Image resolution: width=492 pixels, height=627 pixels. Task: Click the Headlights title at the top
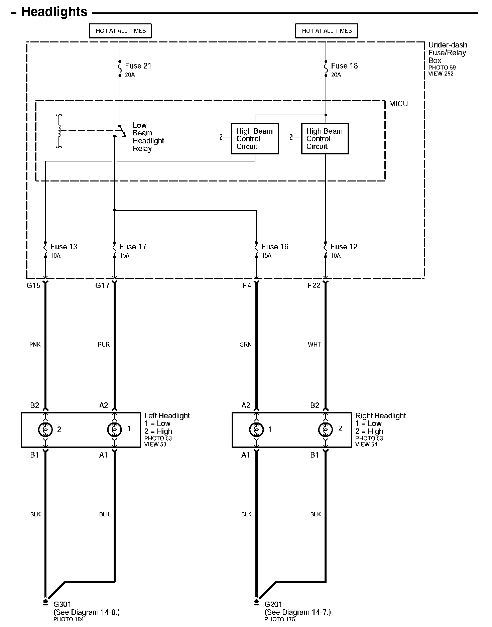(54, 12)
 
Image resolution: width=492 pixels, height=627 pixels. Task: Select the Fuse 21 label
(138, 66)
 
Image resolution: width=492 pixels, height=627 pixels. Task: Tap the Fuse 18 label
(344, 66)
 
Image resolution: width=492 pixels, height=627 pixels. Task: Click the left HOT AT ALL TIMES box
(121, 31)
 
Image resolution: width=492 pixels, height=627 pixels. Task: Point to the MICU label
(398, 104)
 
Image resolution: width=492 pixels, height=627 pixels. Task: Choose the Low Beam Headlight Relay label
(148, 137)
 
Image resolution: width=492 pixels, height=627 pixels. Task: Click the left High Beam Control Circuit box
(255, 139)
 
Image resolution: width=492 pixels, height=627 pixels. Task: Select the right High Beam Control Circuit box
(325, 139)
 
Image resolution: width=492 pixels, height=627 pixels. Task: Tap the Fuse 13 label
(64, 247)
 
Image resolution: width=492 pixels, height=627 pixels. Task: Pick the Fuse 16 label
(275, 247)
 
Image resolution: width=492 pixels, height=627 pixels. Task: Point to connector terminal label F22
(314, 285)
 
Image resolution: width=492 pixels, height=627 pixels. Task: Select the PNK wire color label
(35, 345)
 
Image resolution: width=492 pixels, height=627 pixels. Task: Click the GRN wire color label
(246, 345)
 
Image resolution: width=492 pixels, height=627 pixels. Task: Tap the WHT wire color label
(314, 345)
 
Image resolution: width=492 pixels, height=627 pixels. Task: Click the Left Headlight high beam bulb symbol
(45, 429)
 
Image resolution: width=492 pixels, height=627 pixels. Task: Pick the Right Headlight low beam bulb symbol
(256, 429)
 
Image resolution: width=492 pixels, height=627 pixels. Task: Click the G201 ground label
(273, 604)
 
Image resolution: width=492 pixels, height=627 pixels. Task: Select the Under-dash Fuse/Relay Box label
(447, 53)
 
